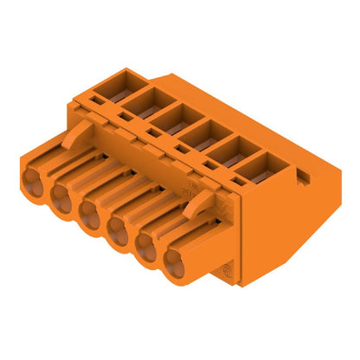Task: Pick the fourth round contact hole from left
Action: (119, 228)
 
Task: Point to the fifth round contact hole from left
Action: (147, 244)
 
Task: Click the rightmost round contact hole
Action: (177, 259)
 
